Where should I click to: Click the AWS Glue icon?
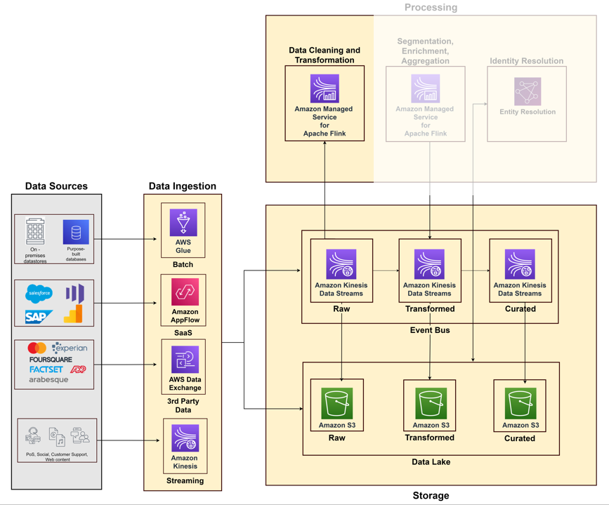coord(183,223)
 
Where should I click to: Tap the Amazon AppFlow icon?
coord(184,291)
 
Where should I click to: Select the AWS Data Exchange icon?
coord(185,360)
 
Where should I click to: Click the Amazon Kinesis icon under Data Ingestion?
coord(185,439)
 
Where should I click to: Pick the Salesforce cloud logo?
coord(39,293)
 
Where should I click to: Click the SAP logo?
coord(39,317)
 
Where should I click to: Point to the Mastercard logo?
coord(37,348)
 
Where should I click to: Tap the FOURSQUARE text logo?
coord(51,360)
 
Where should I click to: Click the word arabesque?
coord(48,379)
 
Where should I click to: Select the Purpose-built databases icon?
coord(76,232)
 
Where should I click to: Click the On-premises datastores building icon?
coord(35,231)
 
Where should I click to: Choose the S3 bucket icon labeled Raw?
coord(336,403)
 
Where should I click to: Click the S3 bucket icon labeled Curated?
coord(520,403)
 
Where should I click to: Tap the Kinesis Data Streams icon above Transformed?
coord(429,264)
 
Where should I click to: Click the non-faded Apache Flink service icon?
coord(325,88)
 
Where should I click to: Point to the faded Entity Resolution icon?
coord(527,91)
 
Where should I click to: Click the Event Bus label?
coord(430,330)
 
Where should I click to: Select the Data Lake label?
coord(431,461)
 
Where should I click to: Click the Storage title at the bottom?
coord(431,495)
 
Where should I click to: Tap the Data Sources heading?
coord(56,186)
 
